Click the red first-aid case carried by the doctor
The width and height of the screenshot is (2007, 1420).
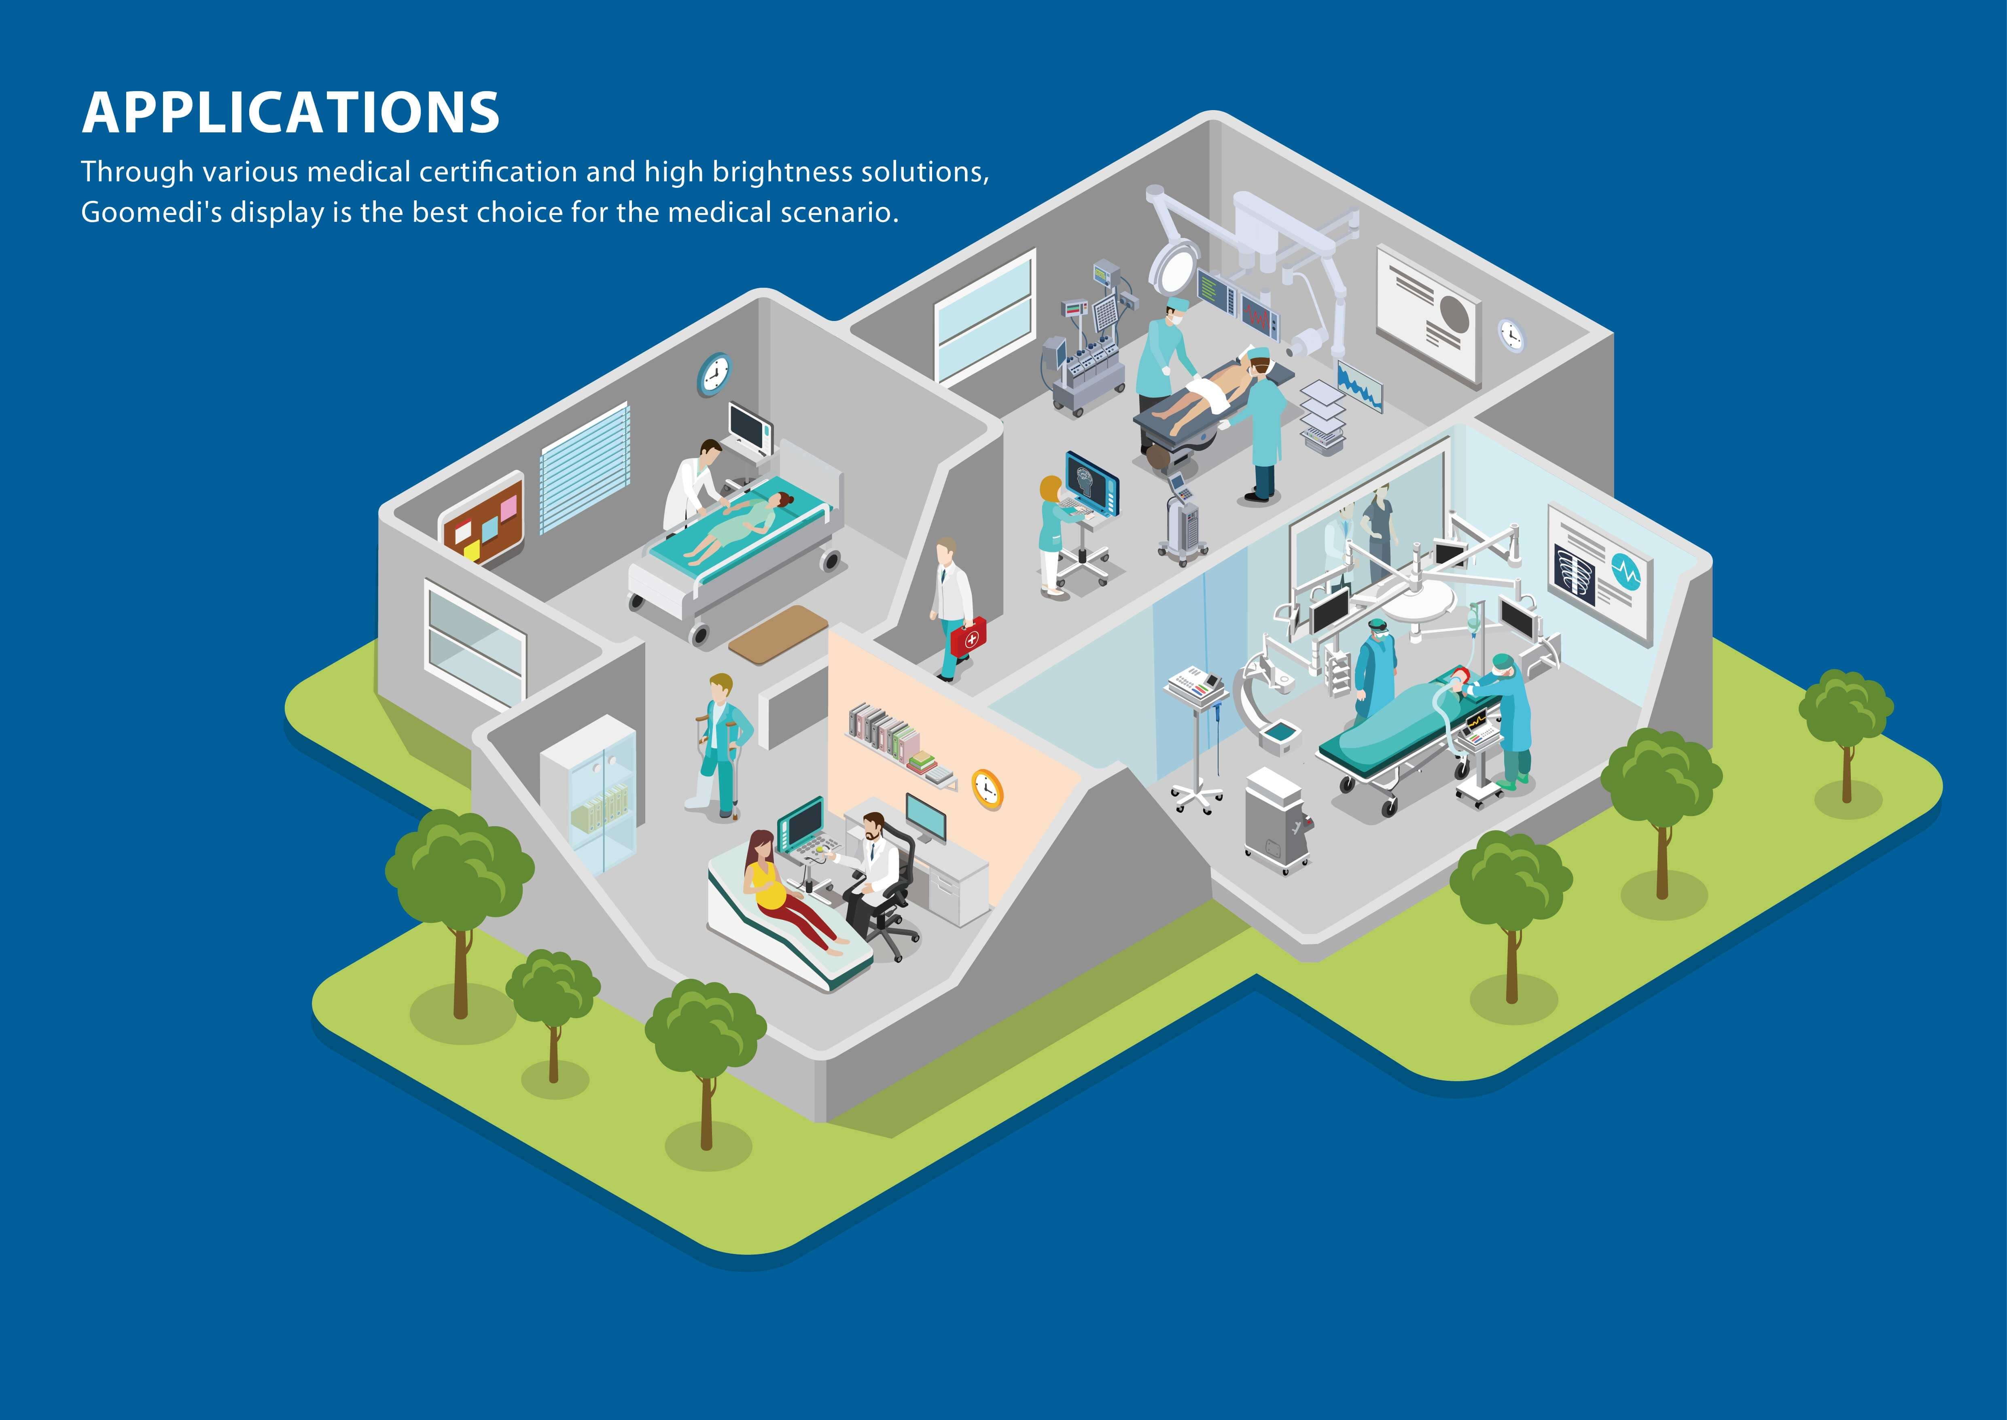coord(968,637)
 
